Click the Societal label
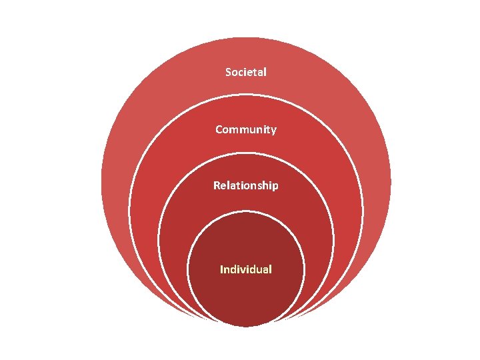(x=246, y=71)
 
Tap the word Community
(x=246, y=129)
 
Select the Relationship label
(x=246, y=185)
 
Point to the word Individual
(x=246, y=269)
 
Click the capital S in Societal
(x=229, y=71)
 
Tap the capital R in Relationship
(x=217, y=185)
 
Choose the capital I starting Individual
(x=222, y=269)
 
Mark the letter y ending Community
(x=273, y=131)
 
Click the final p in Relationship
(x=275, y=187)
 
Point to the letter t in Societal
(x=255, y=71)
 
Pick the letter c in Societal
(x=242, y=72)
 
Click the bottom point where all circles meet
(x=246, y=327)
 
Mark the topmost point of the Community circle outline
(x=246, y=94)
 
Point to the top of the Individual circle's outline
(x=246, y=212)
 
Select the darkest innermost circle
(x=246, y=293)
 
